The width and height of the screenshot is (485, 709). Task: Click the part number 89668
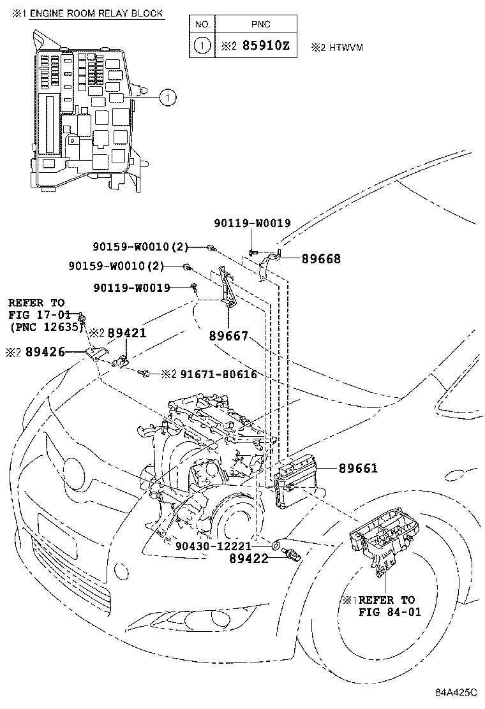click(321, 259)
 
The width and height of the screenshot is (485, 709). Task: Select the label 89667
click(227, 337)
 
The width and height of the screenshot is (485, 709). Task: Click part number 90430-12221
click(213, 546)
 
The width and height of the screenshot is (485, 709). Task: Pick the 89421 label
click(127, 333)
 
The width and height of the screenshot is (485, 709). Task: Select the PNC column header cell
click(261, 24)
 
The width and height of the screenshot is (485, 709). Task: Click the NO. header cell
click(202, 24)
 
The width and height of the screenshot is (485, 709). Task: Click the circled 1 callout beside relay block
click(166, 98)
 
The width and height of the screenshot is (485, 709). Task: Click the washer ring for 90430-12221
click(275, 545)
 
